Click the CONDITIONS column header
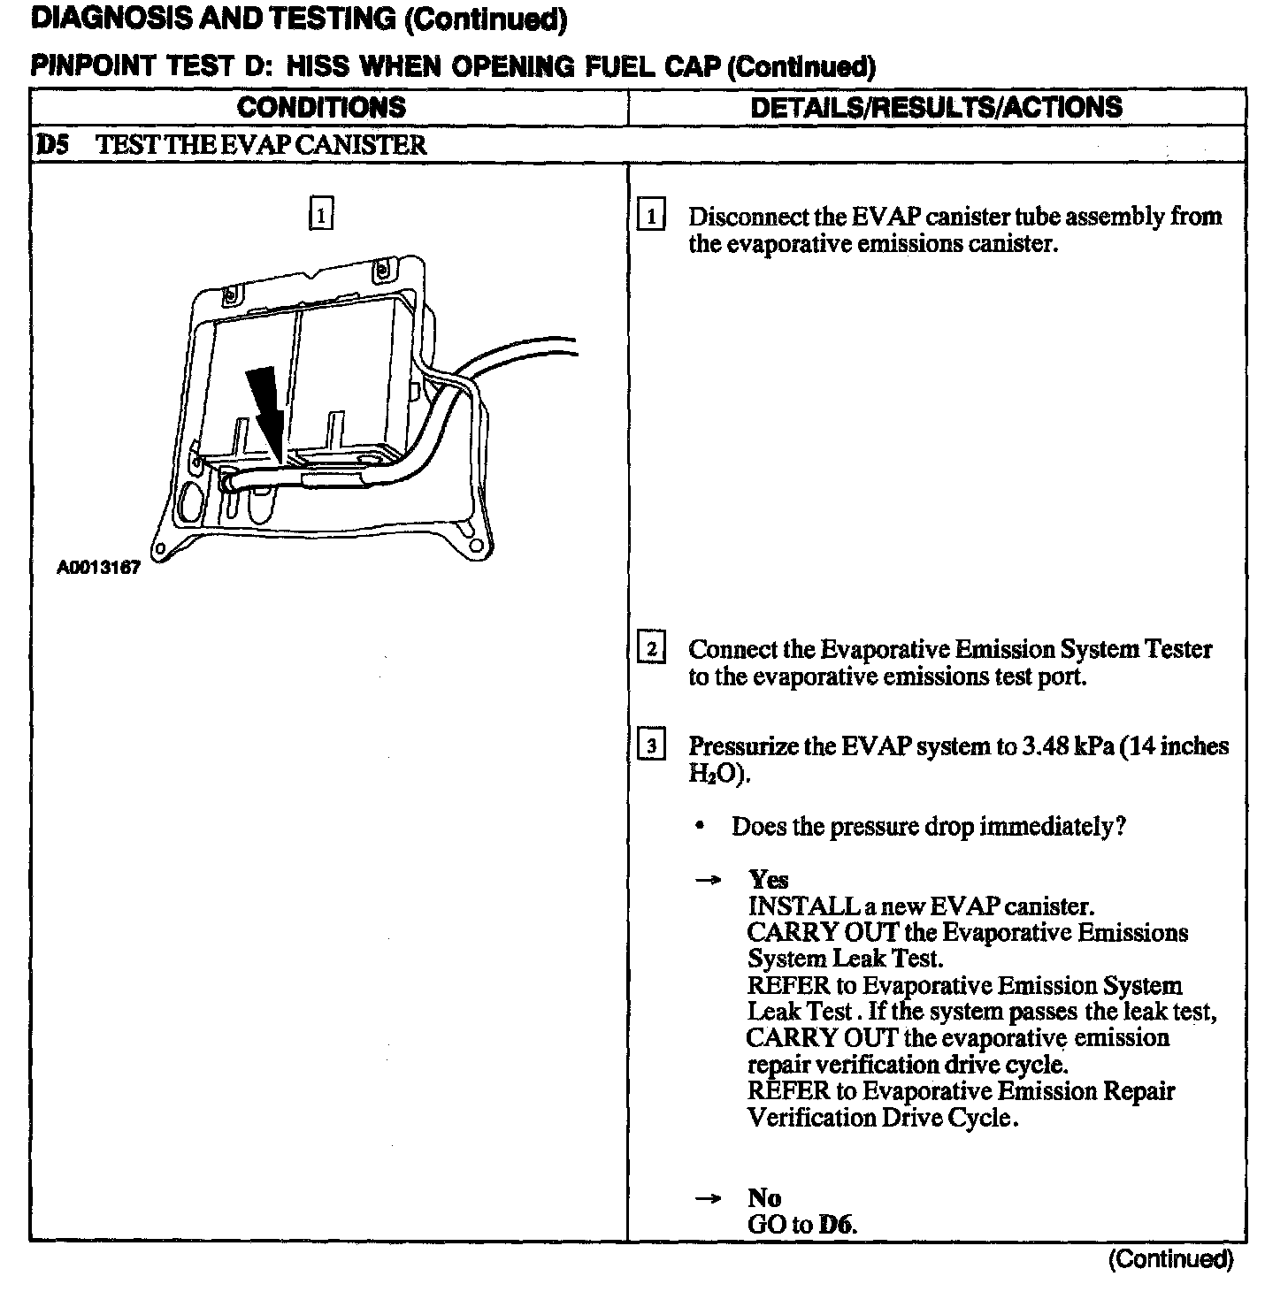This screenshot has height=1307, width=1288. click(321, 108)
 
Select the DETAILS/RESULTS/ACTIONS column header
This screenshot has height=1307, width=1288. click(936, 108)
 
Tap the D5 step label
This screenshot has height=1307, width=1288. click(52, 145)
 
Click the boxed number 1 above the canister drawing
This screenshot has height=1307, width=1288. click(320, 215)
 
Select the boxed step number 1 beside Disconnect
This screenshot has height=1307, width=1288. click(651, 217)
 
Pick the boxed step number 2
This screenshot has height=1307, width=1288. click(651, 650)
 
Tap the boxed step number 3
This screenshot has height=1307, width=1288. click(651, 747)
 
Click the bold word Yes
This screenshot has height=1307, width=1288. click(768, 880)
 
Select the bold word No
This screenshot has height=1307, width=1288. click(764, 1198)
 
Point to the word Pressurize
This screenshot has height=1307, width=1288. click(744, 746)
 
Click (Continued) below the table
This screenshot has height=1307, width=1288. click(1169, 1259)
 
